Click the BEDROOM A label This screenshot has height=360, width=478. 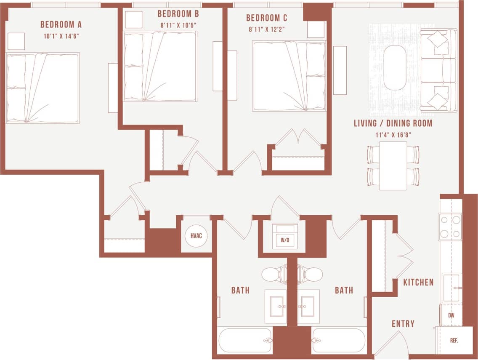point(61,24)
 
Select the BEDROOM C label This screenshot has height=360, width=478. point(266,18)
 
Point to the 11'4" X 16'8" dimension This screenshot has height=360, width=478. point(393,135)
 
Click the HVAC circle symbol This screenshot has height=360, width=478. point(196,235)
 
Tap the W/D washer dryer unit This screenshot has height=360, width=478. point(285,237)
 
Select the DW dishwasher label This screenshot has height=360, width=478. point(451,315)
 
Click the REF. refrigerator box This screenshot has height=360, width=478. point(454,340)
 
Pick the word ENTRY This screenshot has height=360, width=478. point(403,324)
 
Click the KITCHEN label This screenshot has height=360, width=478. point(418,282)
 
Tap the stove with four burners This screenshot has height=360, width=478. point(450,227)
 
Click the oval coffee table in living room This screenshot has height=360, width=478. point(395,67)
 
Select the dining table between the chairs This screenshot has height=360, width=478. point(393,165)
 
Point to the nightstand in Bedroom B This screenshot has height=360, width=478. point(134,19)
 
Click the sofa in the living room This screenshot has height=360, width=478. point(439,70)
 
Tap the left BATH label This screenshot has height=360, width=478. point(240,290)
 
